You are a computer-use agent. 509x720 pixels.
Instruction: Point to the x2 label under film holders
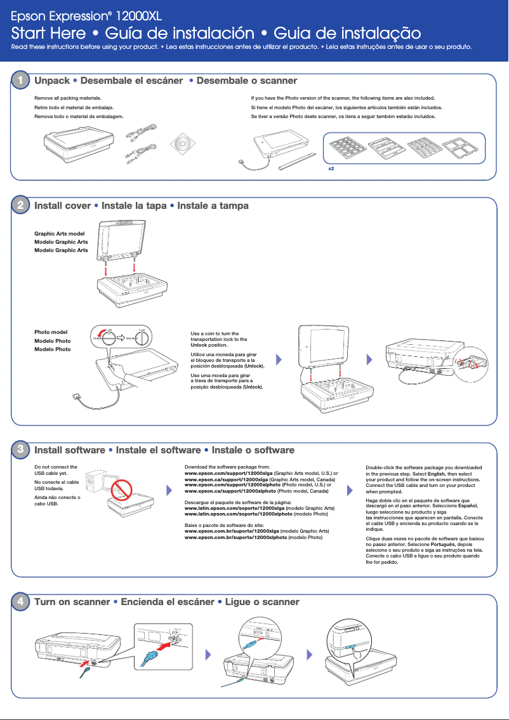pyautogui.click(x=331, y=170)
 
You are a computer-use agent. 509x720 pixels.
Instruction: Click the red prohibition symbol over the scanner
pyautogui.click(x=119, y=488)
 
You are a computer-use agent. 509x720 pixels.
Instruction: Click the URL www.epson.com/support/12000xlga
pyautogui.click(x=228, y=473)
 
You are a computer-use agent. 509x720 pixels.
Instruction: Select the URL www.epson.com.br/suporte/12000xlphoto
pyautogui.click(x=235, y=537)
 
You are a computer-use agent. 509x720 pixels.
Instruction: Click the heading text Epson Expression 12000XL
pyautogui.click(x=88, y=14)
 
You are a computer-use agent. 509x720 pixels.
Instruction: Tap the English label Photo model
pyautogui.click(x=51, y=332)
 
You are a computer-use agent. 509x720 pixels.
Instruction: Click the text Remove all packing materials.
pyautogui.click(x=68, y=99)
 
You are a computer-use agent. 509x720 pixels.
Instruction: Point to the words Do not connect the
pyautogui.click(x=56, y=467)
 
